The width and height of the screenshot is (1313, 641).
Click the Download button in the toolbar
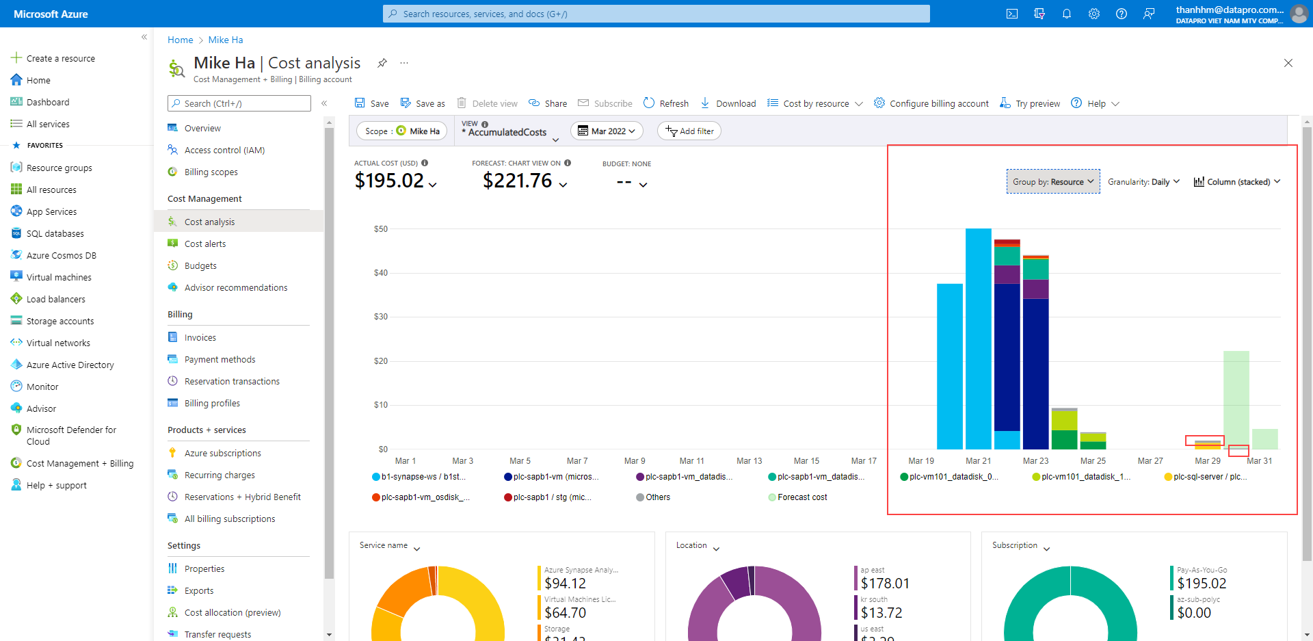[x=728, y=103]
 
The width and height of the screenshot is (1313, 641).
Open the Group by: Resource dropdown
[x=1053, y=182]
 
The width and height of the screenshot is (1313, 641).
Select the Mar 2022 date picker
[x=607, y=131]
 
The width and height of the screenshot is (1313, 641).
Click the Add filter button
[x=689, y=131]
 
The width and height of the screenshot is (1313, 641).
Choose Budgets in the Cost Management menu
[x=200, y=266]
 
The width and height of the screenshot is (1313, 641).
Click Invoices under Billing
[x=200, y=338]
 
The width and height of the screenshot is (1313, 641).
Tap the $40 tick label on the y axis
[x=380, y=273]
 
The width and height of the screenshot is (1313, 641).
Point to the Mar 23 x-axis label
[x=1035, y=461]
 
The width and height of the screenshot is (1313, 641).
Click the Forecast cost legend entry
[x=801, y=497]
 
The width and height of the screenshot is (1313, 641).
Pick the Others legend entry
[x=657, y=497]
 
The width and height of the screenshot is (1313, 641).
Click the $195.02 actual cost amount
[x=389, y=181]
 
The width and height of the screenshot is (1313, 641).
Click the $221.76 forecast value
[x=517, y=181]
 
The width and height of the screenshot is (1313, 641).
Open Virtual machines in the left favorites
[x=59, y=278]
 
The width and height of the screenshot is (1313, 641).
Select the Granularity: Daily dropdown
[x=1143, y=182]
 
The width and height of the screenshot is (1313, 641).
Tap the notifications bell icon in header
[x=1066, y=14]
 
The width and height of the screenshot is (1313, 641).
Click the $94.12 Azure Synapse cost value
[x=565, y=584]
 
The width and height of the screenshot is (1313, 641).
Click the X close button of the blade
[x=1288, y=63]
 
